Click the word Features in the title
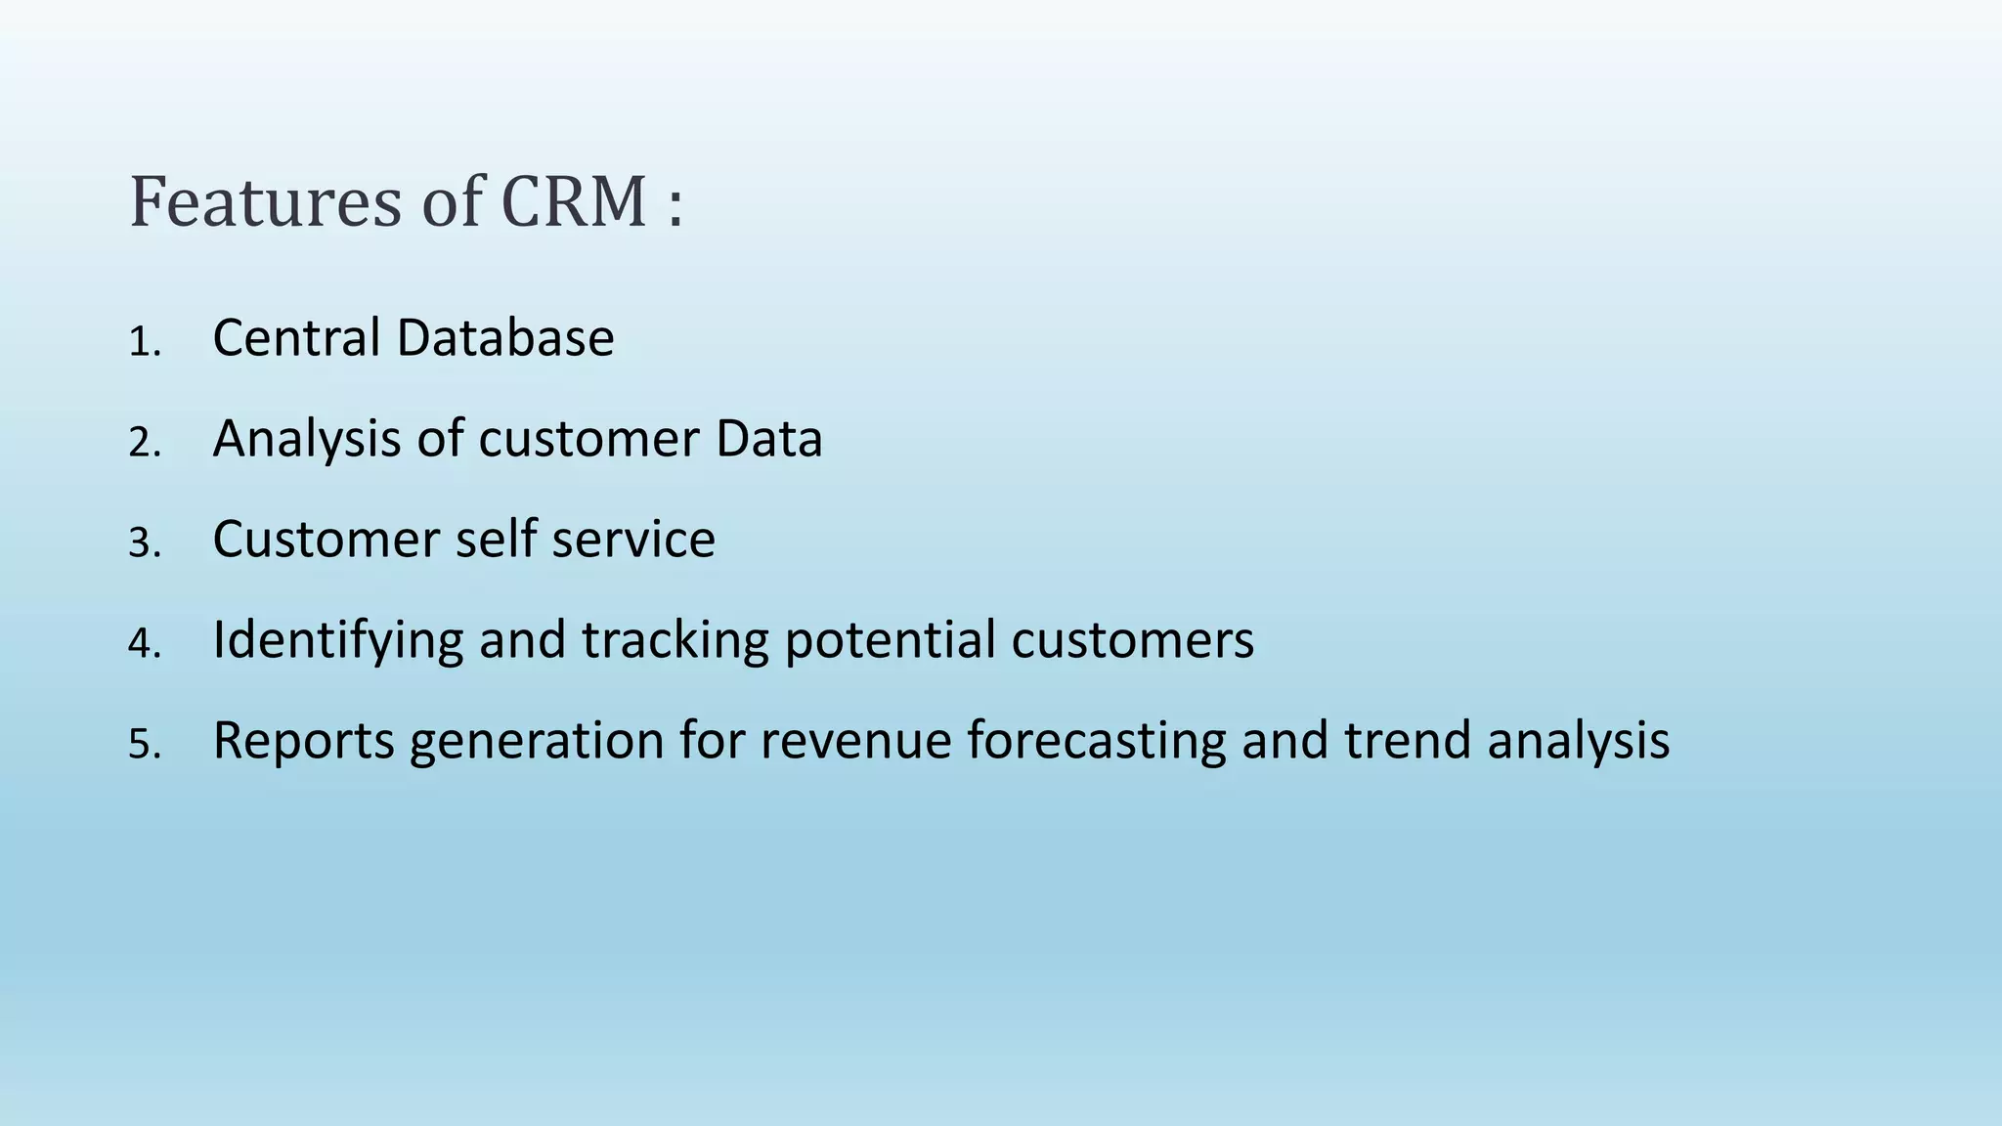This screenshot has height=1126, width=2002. click(x=265, y=202)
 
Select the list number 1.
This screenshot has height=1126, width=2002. click(x=142, y=343)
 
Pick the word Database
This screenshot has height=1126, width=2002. click(x=505, y=338)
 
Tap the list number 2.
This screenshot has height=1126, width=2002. click(x=142, y=444)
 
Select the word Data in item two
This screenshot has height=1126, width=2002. click(x=768, y=439)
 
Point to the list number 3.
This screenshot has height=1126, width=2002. click(x=142, y=544)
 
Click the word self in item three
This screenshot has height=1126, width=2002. click(x=496, y=540)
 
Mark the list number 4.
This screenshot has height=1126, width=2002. click(x=142, y=645)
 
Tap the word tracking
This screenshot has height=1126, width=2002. click(x=675, y=641)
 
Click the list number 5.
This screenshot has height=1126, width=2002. click(x=142, y=746)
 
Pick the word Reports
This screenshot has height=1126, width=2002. click(x=303, y=742)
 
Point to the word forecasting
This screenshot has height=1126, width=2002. click(x=1096, y=742)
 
